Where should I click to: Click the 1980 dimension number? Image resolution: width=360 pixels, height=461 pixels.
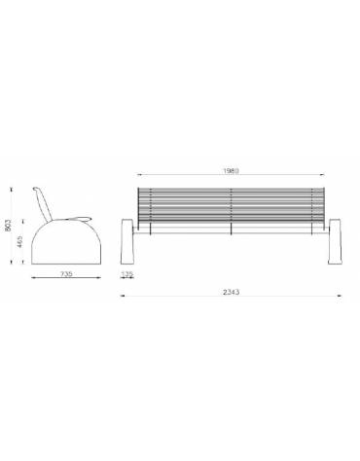coord(231,170)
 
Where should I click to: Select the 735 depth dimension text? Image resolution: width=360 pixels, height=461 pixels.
coord(66,275)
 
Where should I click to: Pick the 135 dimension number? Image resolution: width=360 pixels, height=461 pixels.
coord(127,275)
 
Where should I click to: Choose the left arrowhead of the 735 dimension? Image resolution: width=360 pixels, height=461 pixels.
coord(32,283)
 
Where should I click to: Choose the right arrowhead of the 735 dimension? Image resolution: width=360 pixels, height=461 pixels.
coord(100,283)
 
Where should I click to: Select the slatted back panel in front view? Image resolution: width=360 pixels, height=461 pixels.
coord(231,202)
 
